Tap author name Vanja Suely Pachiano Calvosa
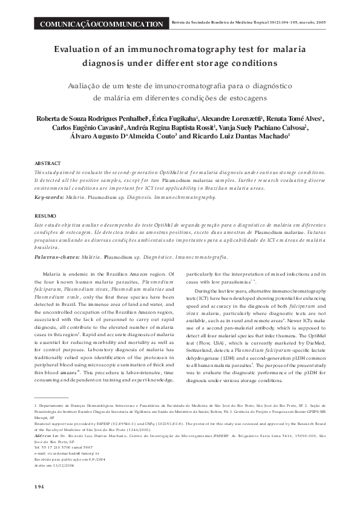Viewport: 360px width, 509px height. (x=280, y=128)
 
